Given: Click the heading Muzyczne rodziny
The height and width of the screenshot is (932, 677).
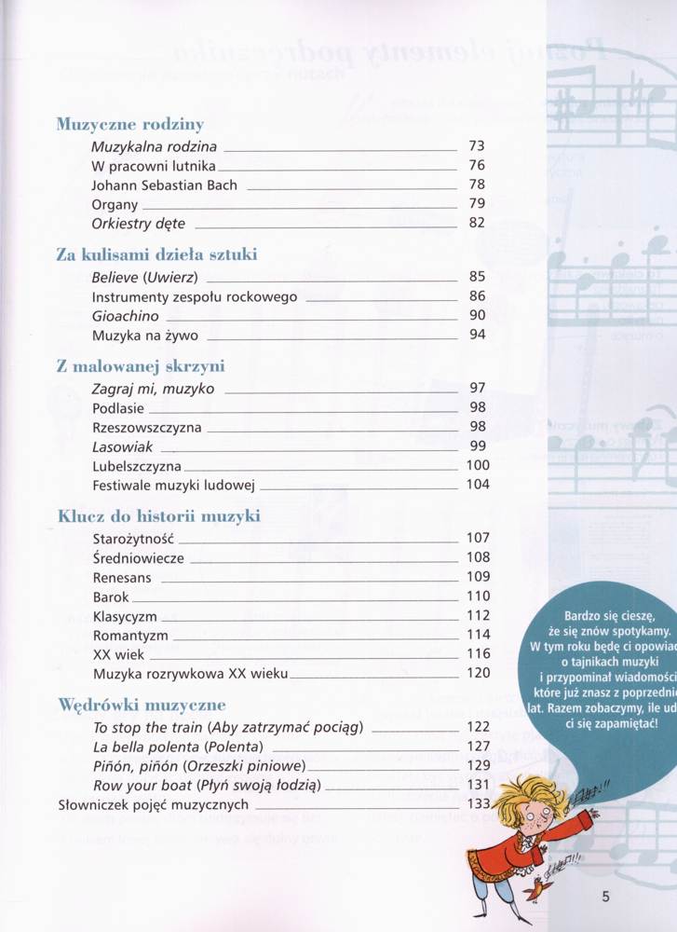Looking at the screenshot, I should pyautogui.click(x=130, y=124).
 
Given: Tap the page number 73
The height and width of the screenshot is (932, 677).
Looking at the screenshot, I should pyautogui.click(x=478, y=146).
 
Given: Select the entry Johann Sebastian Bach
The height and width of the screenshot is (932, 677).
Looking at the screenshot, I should pyautogui.click(x=165, y=185).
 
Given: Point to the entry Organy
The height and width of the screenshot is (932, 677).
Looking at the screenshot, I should pyautogui.click(x=115, y=204).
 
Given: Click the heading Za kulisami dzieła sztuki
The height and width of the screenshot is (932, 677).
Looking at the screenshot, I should pyautogui.click(x=156, y=254).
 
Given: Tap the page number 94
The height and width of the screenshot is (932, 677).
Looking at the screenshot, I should pyautogui.click(x=478, y=335).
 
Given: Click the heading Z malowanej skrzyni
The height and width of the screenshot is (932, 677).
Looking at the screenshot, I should pyautogui.click(x=141, y=366).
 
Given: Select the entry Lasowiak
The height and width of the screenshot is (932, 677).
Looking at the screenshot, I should pyautogui.click(x=121, y=445).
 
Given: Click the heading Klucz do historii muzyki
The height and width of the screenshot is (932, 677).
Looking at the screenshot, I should pyautogui.click(x=158, y=515).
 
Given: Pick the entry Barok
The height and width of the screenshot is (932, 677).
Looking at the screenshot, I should pyautogui.click(x=111, y=596).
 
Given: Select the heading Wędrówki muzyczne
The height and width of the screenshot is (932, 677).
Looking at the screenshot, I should pyautogui.click(x=142, y=705).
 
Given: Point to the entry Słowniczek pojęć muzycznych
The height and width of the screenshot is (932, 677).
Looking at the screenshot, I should pyautogui.click(x=153, y=804).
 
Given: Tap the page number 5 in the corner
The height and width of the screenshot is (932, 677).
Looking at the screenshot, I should pyautogui.click(x=605, y=898).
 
